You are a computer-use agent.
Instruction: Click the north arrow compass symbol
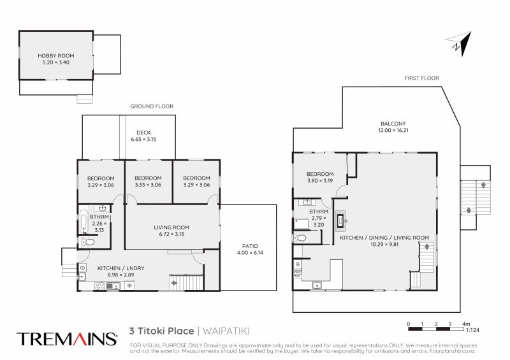(457, 43)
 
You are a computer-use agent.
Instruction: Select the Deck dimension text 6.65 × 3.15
(143, 139)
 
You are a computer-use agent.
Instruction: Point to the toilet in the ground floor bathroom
(89, 243)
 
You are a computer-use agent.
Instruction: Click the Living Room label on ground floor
(171, 227)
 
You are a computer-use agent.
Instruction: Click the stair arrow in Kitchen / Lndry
(174, 282)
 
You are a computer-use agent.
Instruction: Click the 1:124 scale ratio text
(472, 330)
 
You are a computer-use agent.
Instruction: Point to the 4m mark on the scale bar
(466, 324)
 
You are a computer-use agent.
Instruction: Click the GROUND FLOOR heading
(152, 106)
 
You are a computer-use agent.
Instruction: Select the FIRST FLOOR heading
(421, 78)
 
